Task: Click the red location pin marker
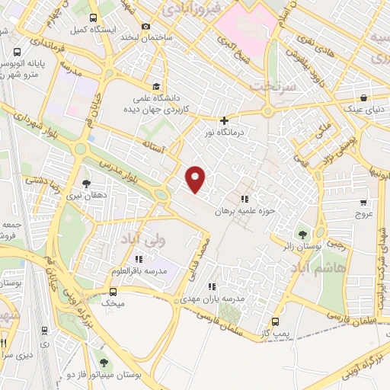click(197, 178)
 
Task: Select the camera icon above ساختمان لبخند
click(146, 27)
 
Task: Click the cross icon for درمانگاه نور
click(224, 120)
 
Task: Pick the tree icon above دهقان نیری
click(85, 184)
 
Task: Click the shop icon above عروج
click(363, 203)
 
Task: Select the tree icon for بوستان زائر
click(304, 235)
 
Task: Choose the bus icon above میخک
click(113, 291)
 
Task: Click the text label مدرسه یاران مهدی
click(218, 299)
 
